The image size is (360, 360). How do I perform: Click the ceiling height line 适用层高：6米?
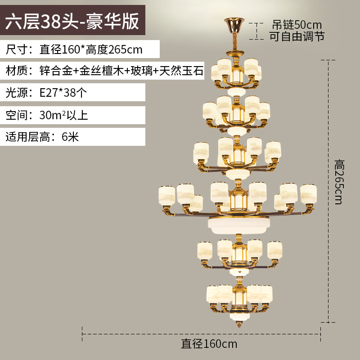(42, 136)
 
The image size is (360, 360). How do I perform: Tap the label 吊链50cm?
(297, 24)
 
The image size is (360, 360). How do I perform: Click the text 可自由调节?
(297, 36)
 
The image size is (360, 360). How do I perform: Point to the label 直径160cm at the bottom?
(209, 344)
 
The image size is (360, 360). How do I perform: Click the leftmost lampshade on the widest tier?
(166, 194)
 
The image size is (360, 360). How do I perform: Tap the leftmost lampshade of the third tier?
(202, 152)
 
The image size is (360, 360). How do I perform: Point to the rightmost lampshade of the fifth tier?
(275, 250)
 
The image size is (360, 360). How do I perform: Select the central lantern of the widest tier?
(237, 200)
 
